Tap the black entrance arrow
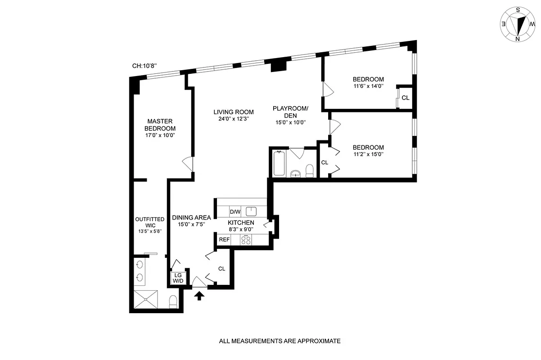[x=199, y=295]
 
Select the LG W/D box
[x=178, y=278]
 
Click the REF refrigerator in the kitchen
[x=224, y=240]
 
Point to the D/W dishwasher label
[x=235, y=211]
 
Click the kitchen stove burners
[x=246, y=240]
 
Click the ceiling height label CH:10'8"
[x=144, y=66]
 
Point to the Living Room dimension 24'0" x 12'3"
[x=234, y=119]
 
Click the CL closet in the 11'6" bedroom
[x=405, y=98]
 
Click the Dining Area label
[x=191, y=217]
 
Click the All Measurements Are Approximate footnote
[x=280, y=341]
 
